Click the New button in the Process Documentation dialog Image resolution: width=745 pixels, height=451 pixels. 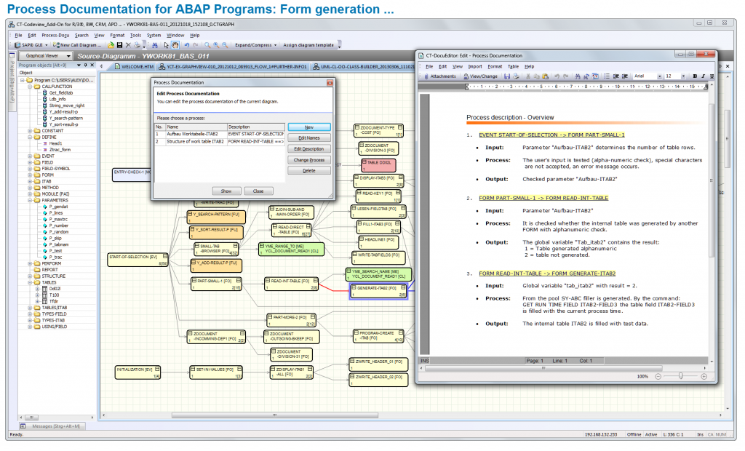309,127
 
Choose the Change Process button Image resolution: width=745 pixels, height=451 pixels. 309,160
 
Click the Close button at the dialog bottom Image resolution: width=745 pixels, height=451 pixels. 258,191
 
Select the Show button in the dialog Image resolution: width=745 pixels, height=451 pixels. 226,191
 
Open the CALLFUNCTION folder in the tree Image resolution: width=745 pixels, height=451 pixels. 57,86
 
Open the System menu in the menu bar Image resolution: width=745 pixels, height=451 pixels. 154,35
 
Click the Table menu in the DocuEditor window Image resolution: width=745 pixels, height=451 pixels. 513,66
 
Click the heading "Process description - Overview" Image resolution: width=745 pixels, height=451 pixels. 510,117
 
